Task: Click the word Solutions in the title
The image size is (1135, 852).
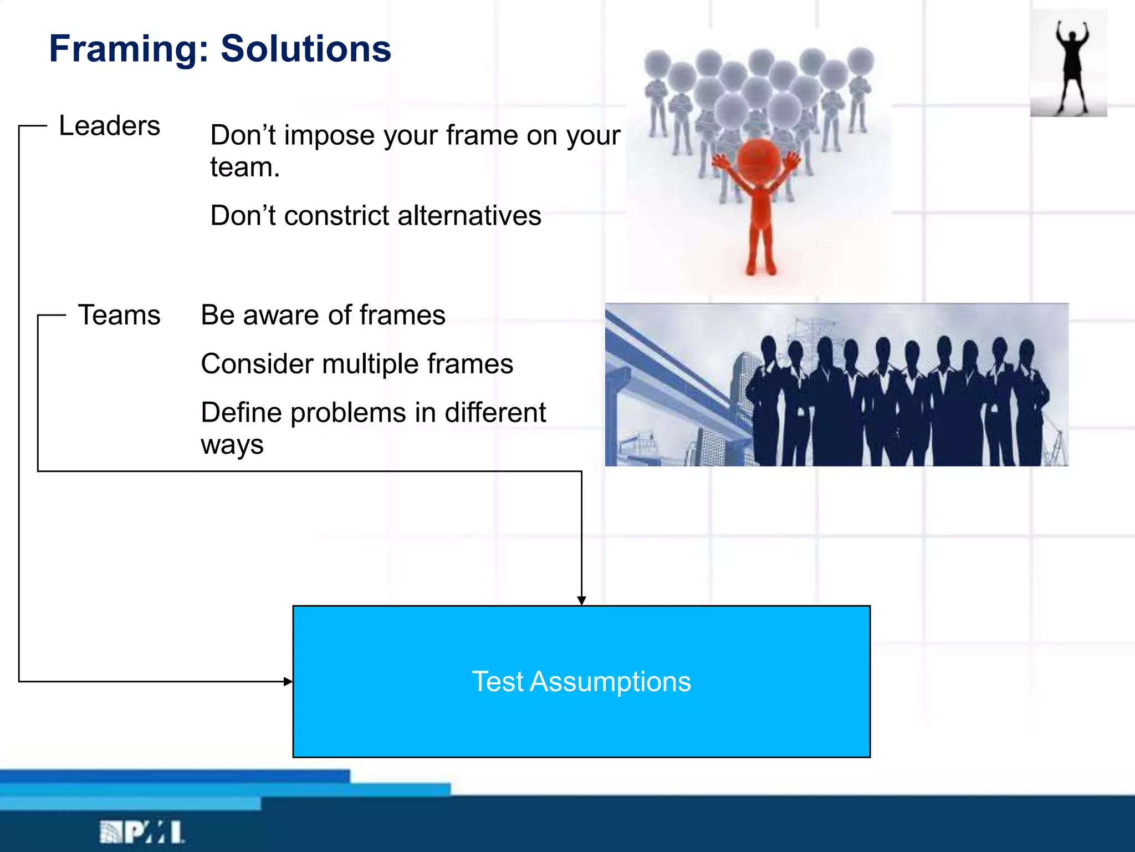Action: coord(306,49)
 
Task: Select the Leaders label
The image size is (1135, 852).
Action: coord(109,126)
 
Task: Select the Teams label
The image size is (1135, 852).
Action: coord(119,315)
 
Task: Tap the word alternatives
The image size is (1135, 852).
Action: coord(469,215)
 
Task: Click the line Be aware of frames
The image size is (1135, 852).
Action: coord(323,315)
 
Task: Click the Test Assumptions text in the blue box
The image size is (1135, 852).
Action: coord(581,681)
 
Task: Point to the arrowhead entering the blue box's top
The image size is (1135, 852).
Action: coord(581,601)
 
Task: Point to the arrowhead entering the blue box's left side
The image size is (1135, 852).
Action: coord(288,681)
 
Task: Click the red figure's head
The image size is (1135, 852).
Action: coord(759,158)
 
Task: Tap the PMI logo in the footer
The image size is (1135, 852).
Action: coord(142,832)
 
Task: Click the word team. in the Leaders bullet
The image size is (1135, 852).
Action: coord(245,168)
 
